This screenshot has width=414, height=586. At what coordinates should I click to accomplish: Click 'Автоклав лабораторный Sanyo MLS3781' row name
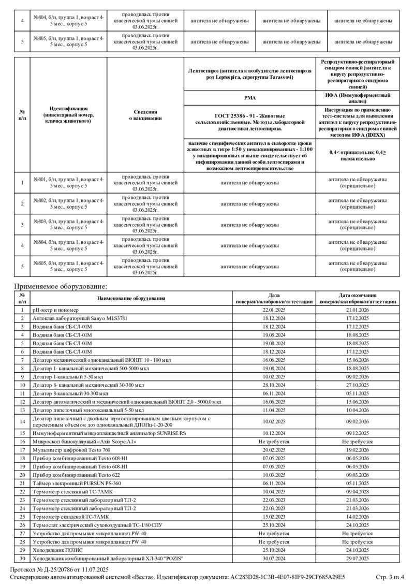[x=80, y=318]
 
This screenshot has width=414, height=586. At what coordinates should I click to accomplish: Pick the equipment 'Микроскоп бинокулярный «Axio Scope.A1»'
[x=84, y=442]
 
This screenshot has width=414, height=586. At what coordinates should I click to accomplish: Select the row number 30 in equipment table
[x=22, y=558]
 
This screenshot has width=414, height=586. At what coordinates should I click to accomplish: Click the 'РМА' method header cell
[x=250, y=97]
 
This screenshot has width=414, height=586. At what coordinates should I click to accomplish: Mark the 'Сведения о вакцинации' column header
[x=145, y=115]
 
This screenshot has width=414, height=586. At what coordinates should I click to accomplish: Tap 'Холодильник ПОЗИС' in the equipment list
[x=57, y=549]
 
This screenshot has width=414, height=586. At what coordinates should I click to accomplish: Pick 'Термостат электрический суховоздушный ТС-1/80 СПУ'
[x=97, y=524]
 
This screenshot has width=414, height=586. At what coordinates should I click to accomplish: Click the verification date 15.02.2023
[x=274, y=516]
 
